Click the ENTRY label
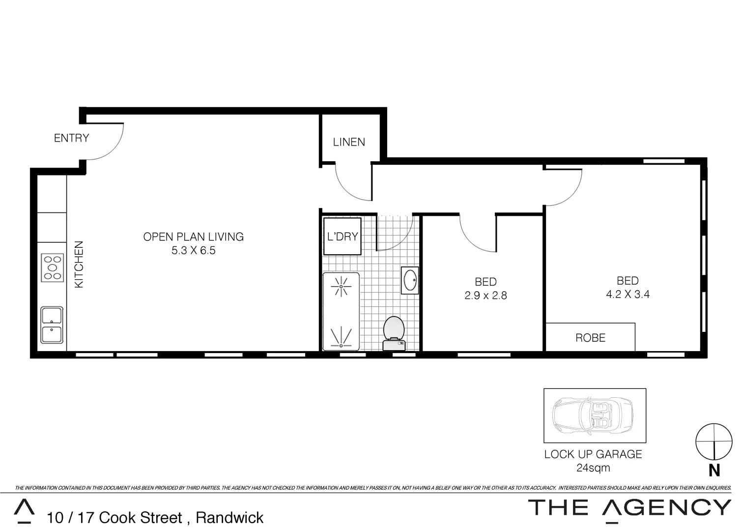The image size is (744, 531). pos(71,138)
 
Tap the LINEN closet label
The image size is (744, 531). pos(349,142)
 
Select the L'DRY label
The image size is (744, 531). pos(343,236)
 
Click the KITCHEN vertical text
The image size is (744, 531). pos(79,264)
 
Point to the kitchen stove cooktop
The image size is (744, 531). pos(53,267)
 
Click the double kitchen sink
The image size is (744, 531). pos(52,324)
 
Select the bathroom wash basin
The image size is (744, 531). pos(410,280)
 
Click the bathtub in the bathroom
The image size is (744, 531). pos(341,312)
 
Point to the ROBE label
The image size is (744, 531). pos(590,338)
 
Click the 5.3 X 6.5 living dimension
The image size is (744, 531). pos(193,251)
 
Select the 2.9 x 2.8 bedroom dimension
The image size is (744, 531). pos(486,295)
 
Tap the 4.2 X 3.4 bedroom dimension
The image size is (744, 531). pos(628,294)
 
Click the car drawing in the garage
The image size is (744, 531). pos(594,415)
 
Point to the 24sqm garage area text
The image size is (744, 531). pos(593,468)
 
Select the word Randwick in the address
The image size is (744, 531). pos(229,517)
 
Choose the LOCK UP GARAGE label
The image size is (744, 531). pos(593,454)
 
